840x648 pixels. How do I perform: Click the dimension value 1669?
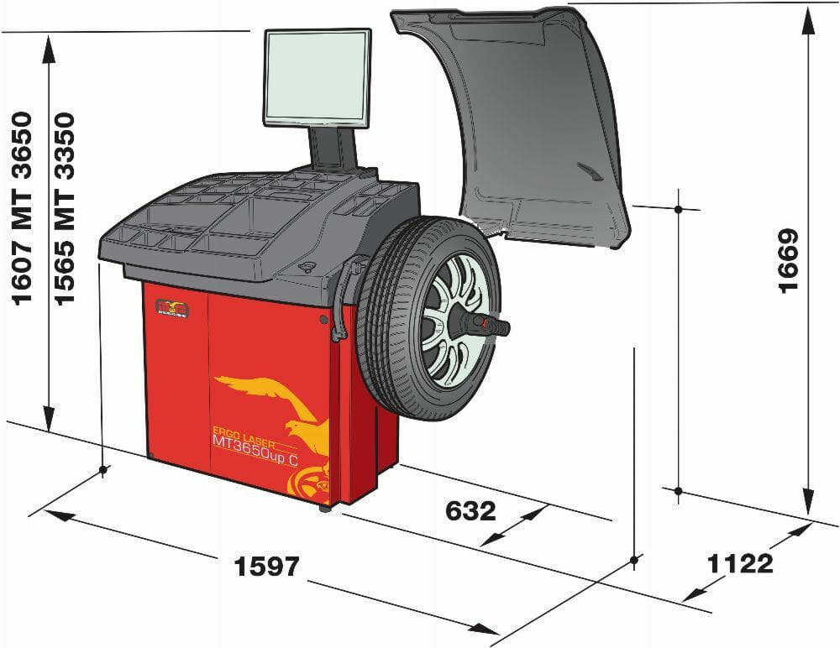click(x=790, y=260)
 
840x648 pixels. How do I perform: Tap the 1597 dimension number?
click(x=266, y=567)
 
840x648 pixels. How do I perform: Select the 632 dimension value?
click(x=470, y=510)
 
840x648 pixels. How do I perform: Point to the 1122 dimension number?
click(x=739, y=563)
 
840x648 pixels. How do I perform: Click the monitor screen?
click(x=317, y=77)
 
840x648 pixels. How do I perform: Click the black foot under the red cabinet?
click(x=325, y=508)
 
